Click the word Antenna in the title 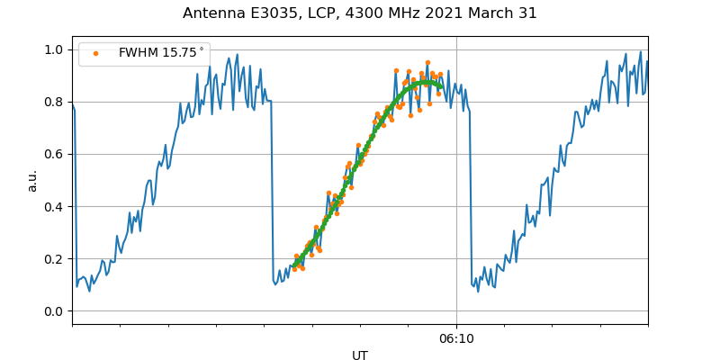pyautogui.click(x=211, y=13)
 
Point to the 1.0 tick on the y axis pyautogui.click(x=55, y=49)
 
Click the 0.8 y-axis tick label pyautogui.click(x=55, y=102)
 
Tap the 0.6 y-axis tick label pyautogui.click(x=55, y=154)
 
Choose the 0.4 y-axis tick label pyautogui.click(x=55, y=206)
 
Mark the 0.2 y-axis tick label pyautogui.click(x=55, y=259)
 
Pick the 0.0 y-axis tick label pyautogui.click(x=55, y=311)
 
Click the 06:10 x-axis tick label pyautogui.click(x=456, y=339)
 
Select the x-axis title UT pyautogui.click(x=360, y=355)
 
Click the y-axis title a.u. pyautogui.click(x=32, y=180)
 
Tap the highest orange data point pyautogui.click(x=427, y=63)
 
